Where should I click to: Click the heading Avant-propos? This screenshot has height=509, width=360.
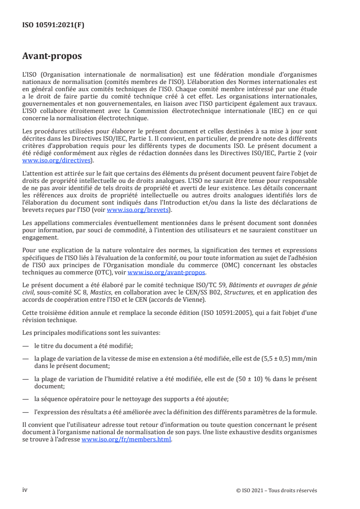click(52, 57)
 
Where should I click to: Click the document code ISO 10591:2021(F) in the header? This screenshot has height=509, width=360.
click(53, 25)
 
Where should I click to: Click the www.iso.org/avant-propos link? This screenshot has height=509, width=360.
click(167, 272)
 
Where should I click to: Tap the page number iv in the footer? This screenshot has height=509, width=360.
click(25, 490)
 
